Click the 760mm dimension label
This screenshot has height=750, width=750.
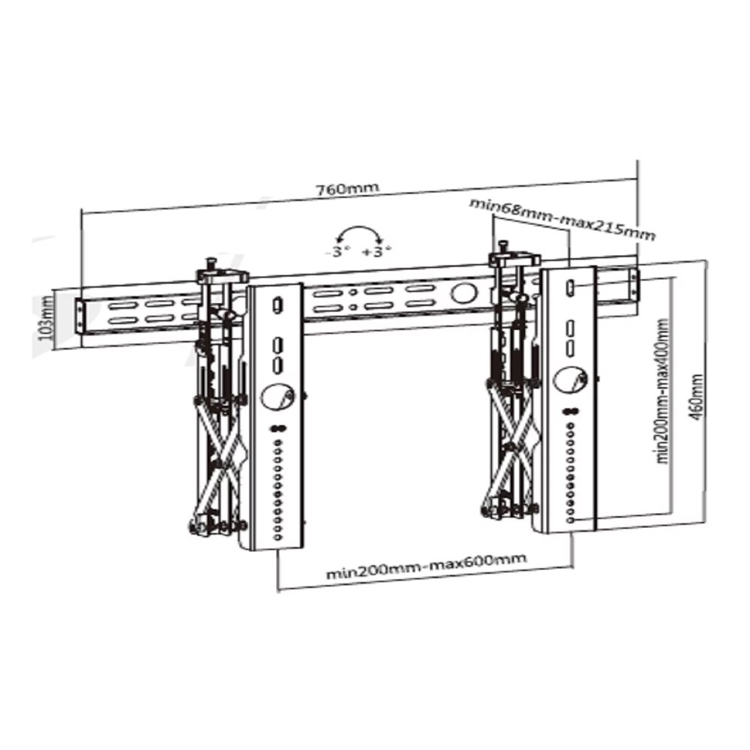coord(346,188)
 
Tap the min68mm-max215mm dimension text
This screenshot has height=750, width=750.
coord(562,218)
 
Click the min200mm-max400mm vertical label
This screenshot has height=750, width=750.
coord(662,391)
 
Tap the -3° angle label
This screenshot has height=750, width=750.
coord(337,251)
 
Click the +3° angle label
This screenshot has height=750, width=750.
coord(377,251)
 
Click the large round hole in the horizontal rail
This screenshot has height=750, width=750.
coord(463,292)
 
